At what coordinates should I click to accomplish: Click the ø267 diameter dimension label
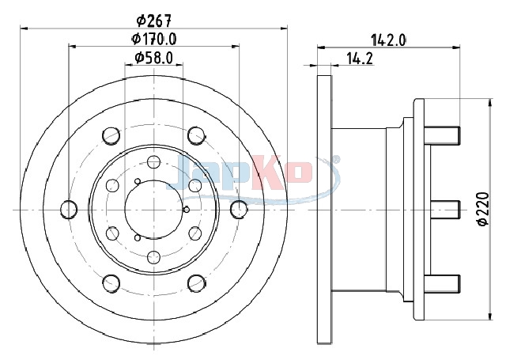[x=153, y=21]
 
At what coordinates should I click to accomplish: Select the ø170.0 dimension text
[x=154, y=40]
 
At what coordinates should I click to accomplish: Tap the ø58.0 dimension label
[x=154, y=58]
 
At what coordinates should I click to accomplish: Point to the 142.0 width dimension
[x=388, y=40]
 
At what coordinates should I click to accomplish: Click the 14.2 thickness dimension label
[x=360, y=59]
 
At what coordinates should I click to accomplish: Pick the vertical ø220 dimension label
[x=483, y=209]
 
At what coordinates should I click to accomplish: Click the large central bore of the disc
[x=154, y=210]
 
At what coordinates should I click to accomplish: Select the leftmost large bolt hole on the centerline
[x=69, y=209]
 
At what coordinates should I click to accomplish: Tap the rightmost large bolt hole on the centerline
[x=239, y=209]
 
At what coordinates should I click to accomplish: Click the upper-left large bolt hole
[x=111, y=135]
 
